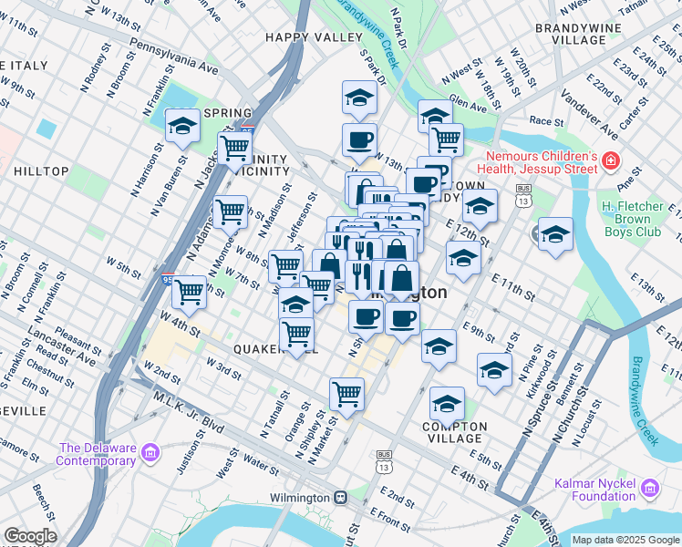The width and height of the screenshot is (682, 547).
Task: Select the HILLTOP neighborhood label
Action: click(41, 171)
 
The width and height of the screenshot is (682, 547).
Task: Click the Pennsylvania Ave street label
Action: click(174, 56)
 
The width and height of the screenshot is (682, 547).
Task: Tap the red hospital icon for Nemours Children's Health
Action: click(610, 163)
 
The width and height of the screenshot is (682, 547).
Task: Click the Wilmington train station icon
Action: click(340, 498)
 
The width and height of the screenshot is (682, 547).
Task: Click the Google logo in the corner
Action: click(29, 536)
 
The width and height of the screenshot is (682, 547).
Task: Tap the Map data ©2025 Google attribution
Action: click(625, 540)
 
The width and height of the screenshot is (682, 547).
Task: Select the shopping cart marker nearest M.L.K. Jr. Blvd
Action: click(346, 395)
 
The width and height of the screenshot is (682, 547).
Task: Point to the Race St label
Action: click(546, 120)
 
